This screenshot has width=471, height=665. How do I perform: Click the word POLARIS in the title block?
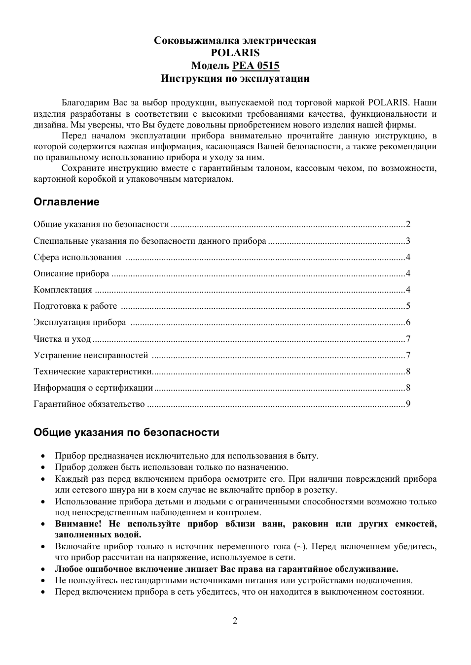235,53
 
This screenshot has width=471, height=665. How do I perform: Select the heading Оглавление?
66,202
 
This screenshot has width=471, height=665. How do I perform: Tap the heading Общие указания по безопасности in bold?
126,432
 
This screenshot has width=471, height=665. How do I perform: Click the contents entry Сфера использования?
77,257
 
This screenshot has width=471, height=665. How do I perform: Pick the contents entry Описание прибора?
72,273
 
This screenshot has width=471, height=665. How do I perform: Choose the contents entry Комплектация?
63,290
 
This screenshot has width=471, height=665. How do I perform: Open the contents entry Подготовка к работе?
75,306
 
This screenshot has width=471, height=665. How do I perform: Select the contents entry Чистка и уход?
62,339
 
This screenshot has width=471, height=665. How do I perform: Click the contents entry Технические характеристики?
92,371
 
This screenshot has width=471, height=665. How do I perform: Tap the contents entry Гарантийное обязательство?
89,404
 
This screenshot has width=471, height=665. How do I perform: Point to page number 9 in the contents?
408,404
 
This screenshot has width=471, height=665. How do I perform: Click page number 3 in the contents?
408,241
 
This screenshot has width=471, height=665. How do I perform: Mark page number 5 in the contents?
408,306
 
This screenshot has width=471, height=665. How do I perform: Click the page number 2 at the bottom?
235,621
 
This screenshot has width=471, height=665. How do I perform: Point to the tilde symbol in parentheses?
299,546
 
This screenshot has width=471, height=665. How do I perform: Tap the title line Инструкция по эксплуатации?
235,78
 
